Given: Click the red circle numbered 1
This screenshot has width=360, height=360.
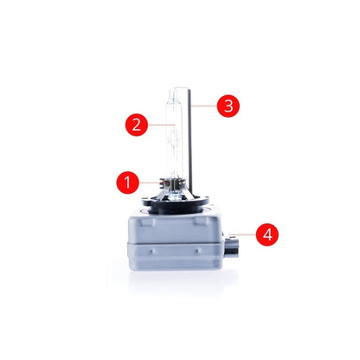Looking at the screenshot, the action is [x=127, y=183].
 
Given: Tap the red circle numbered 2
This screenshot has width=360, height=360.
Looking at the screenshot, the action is [x=137, y=125].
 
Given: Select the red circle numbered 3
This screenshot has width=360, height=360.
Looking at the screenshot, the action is [x=228, y=106].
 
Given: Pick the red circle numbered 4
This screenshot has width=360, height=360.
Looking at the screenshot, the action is [x=267, y=235].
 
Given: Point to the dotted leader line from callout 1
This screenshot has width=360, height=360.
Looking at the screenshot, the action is [x=150, y=183].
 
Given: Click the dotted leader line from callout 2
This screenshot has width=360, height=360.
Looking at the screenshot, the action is [x=162, y=125].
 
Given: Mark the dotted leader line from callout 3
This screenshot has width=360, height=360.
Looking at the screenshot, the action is [x=203, y=106].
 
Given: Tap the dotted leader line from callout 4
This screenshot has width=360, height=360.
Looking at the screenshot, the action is [x=242, y=235].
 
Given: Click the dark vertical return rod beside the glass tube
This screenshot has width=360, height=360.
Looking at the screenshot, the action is [x=190, y=141].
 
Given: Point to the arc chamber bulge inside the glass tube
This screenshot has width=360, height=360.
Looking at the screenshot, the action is [x=174, y=138].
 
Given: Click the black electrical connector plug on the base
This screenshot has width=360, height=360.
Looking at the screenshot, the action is [x=231, y=246].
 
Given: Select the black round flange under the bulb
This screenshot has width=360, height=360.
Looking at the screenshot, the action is [x=175, y=202].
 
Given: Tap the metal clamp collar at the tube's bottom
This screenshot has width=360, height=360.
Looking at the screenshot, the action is [x=172, y=184].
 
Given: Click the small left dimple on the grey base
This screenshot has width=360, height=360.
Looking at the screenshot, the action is [x=151, y=250].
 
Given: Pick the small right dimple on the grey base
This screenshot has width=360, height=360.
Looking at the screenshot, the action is [x=197, y=250].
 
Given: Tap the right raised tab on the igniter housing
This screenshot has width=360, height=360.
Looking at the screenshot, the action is [x=202, y=221].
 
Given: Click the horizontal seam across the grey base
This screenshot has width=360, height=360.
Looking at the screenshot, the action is [x=176, y=243].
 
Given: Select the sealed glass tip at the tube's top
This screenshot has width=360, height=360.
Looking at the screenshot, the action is [x=170, y=93].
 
